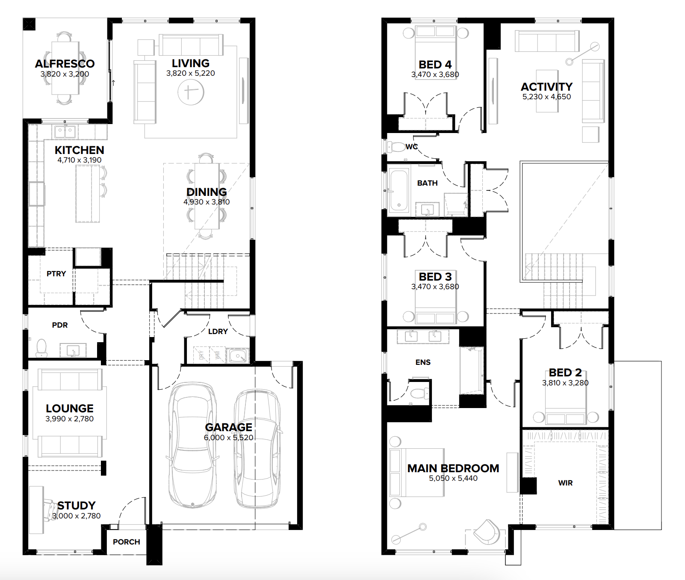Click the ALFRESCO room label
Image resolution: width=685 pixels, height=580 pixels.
65,64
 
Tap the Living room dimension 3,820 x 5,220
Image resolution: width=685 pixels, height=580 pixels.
191,73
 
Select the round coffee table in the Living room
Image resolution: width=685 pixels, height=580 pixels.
191,92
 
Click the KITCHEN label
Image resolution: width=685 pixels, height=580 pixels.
80,150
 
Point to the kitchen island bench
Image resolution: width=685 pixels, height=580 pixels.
88,193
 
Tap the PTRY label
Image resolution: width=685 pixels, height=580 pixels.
56,274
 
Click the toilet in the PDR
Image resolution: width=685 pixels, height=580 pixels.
41,348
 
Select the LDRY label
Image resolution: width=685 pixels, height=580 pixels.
218,331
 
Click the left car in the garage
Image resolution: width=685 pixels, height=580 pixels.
192,445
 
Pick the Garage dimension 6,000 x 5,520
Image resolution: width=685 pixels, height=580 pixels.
229,438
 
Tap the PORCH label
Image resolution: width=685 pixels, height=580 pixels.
127,542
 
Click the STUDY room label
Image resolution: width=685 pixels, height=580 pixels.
77,506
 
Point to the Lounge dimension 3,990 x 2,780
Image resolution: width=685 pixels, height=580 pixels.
70,419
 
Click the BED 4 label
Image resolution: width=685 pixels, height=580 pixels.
435,65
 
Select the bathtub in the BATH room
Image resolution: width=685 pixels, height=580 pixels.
399,191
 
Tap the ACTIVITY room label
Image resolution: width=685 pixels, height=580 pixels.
546,87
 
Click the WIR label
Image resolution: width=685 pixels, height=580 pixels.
565,483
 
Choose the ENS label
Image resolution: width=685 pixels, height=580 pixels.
423,362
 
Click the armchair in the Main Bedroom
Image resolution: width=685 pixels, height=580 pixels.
487,532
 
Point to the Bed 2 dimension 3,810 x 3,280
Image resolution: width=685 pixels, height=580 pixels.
565,383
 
